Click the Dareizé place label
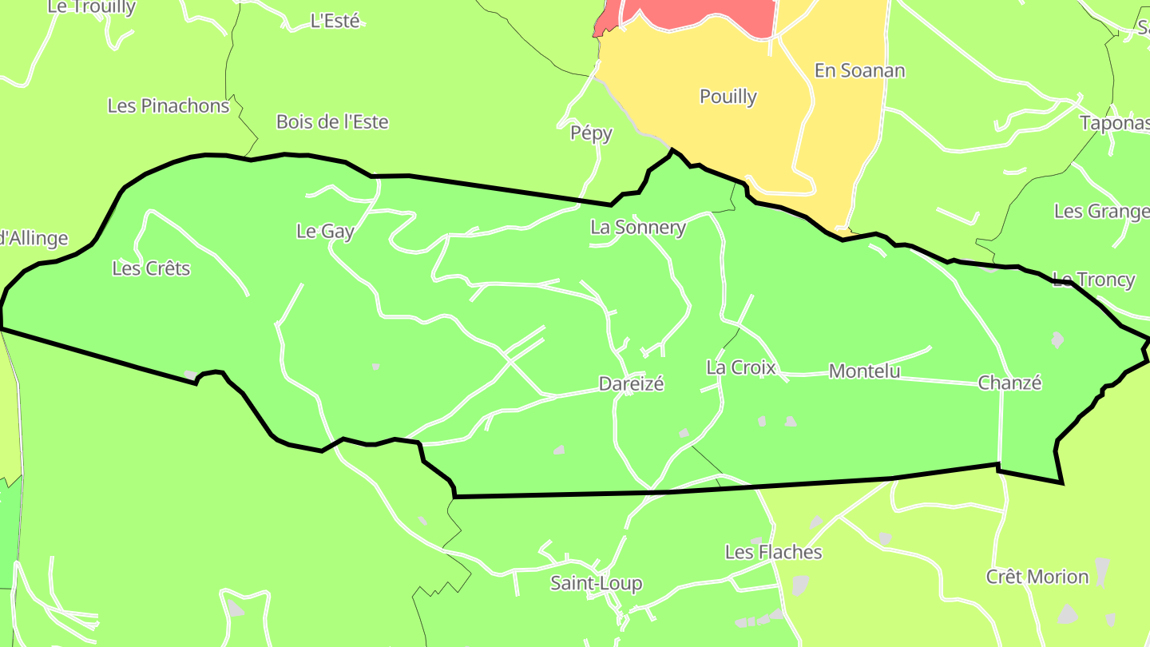(x=631, y=384)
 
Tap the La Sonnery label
(x=637, y=228)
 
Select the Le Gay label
(x=325, y=232)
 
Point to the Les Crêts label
(x=151, y=268)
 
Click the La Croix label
(x=740, y=368)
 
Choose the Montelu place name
(x=864, y=371)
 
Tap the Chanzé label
(x=1009, y=383)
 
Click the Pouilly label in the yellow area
(x=728, y=97)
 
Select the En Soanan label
(x=859, y=71)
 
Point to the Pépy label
(x=591, y=133)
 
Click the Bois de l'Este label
(x=332, y=122)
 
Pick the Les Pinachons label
(x=168, y=105)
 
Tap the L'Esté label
(x=335, y=22)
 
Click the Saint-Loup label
(x=596, y=584)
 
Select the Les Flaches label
(x=773, y=552)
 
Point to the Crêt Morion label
(x=1037, y=577)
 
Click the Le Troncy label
(x=1093, y=280)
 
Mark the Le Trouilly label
(x=91, y=7)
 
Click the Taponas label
(x=1114, y=123)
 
